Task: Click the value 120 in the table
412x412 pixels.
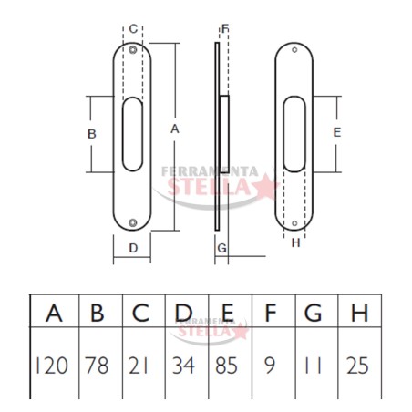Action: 52,366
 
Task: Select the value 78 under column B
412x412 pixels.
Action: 97,366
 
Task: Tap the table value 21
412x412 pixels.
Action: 139,366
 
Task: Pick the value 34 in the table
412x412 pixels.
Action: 183,366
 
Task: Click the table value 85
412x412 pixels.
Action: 226,366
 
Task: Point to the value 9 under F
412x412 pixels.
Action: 270,366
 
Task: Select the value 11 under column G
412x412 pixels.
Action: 313,366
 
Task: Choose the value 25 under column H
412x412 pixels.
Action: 357,366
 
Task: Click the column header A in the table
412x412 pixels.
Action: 54,313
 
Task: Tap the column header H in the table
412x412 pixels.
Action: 360,313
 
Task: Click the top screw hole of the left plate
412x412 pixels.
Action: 132,50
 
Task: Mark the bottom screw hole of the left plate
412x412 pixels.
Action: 132,222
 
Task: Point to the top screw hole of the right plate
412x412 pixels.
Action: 294,49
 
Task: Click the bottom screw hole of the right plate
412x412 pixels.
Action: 294,223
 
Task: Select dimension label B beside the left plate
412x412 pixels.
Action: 92,134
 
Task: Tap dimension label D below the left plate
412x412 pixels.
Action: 133,248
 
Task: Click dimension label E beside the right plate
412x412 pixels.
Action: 337,132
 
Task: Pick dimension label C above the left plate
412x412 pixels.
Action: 133,29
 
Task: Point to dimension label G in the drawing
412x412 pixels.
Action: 222,248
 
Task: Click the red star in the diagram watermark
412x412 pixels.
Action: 266,186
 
